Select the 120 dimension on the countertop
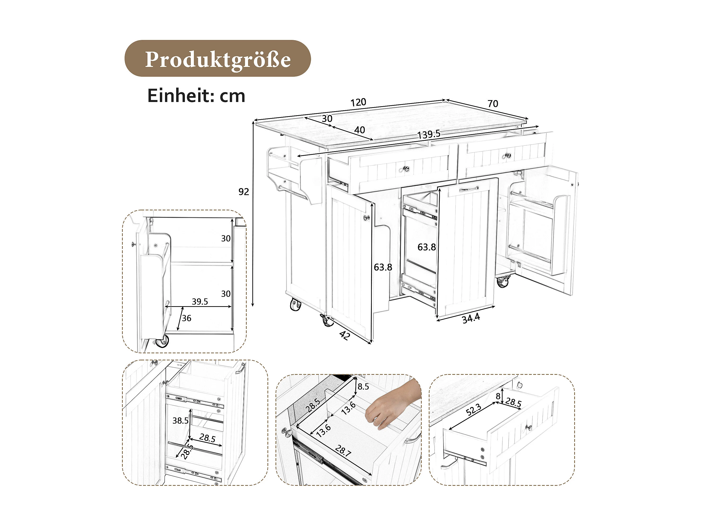(358, 102)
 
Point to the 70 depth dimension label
(493, 104)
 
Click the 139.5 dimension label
(429, 134)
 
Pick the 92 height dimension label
(244, 191)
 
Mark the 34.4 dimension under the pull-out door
(471, 318)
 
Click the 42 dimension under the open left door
(345, 335)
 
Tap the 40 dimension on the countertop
(359, 130)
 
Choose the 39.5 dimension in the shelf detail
(200, 301)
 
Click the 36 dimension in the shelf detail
(187, 318)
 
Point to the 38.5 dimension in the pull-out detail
(180, 421)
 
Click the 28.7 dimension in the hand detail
(343, 451)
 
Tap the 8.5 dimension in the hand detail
(363, 386)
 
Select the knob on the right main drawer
(508, 155)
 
